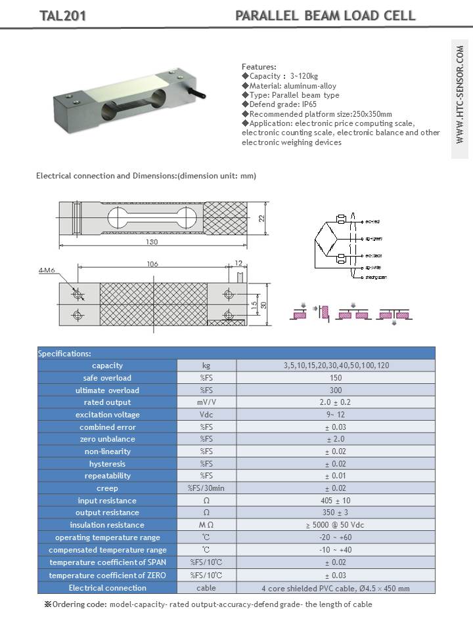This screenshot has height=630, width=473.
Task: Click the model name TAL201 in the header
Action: click(x=63, y=16)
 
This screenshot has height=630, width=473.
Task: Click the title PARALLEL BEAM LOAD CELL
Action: click(x=325, y=16)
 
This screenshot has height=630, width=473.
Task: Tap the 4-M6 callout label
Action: click(x=47, y=270)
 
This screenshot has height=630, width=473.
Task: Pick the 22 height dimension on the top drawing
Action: click(x=261, y=219)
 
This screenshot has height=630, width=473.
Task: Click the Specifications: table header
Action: click(x=64, y=353)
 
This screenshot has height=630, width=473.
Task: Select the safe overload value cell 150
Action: click(x=335, y=377)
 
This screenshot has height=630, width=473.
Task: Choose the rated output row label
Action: click(x=107, y=402)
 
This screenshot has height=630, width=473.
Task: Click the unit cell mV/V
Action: click(x=206, y=402)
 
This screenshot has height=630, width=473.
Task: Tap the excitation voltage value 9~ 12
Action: click(x=335, y=415)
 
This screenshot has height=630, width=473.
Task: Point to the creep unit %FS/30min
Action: click(x=206, y=488)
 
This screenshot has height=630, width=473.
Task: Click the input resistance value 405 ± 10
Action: click(x=335, y=501)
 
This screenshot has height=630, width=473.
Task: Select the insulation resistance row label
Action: click(x=107, y=525)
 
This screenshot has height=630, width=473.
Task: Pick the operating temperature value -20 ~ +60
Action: click(x=335, y=537)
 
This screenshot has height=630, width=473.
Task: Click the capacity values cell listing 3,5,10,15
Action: click(x=335, y=366)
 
